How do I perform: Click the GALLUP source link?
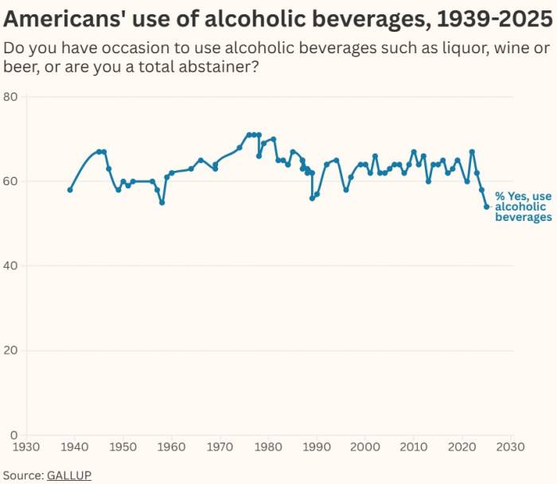70,474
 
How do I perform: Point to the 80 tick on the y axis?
11,97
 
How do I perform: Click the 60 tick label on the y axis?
11,181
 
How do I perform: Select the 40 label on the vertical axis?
11,265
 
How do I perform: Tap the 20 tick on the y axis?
11,350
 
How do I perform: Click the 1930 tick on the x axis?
27,447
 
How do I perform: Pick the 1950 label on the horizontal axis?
123,447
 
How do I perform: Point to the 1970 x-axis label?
220,447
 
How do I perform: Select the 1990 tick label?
317,447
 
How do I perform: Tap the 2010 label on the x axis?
413,447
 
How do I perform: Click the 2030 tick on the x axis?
509,447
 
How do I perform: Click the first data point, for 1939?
70,190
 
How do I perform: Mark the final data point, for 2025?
486,207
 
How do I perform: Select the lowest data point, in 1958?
162,203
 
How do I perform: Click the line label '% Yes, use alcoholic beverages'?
523,207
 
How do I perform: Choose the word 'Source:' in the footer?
22,474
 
